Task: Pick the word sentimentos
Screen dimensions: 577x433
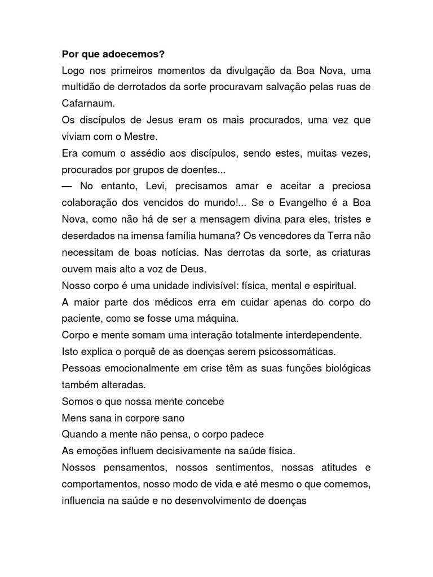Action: [x=255, y=468]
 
